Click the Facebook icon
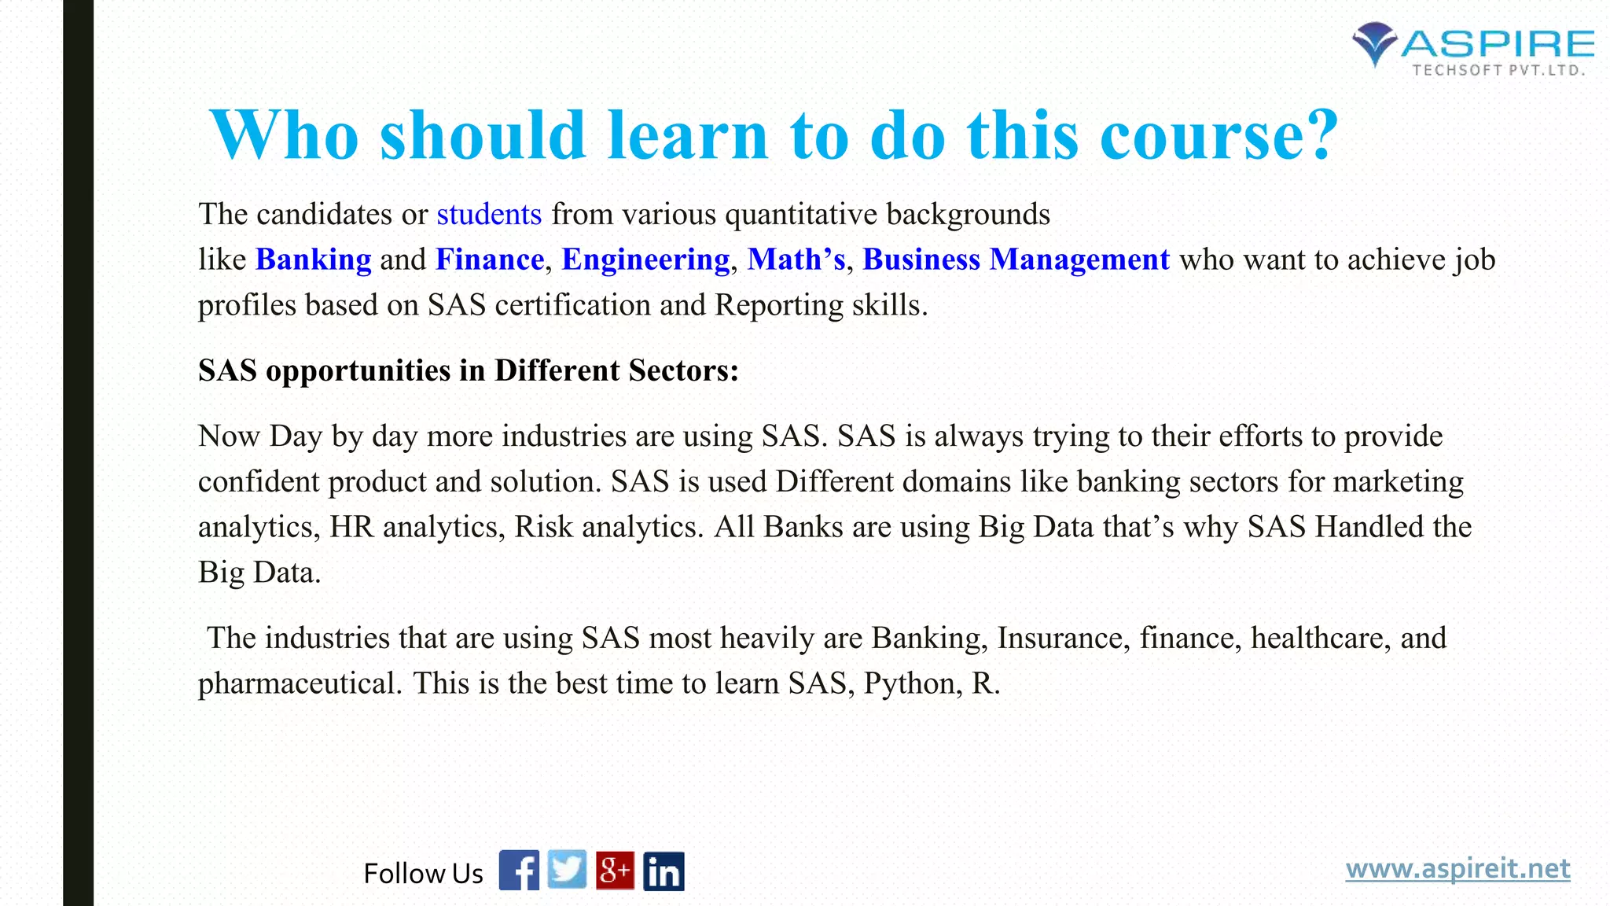[519, 871]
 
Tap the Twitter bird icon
[567, 870]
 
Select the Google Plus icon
[615, 871]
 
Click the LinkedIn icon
[663, 871]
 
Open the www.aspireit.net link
[1457, 869]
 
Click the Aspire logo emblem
[1374, 43]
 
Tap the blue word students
[489, 214]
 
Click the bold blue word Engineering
[645, 260]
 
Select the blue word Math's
[796, 260]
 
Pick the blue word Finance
[490, 260]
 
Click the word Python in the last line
[909, 684]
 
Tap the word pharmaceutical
[300, 684]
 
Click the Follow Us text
[423, 874]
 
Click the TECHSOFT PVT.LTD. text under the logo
[1498, 71]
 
